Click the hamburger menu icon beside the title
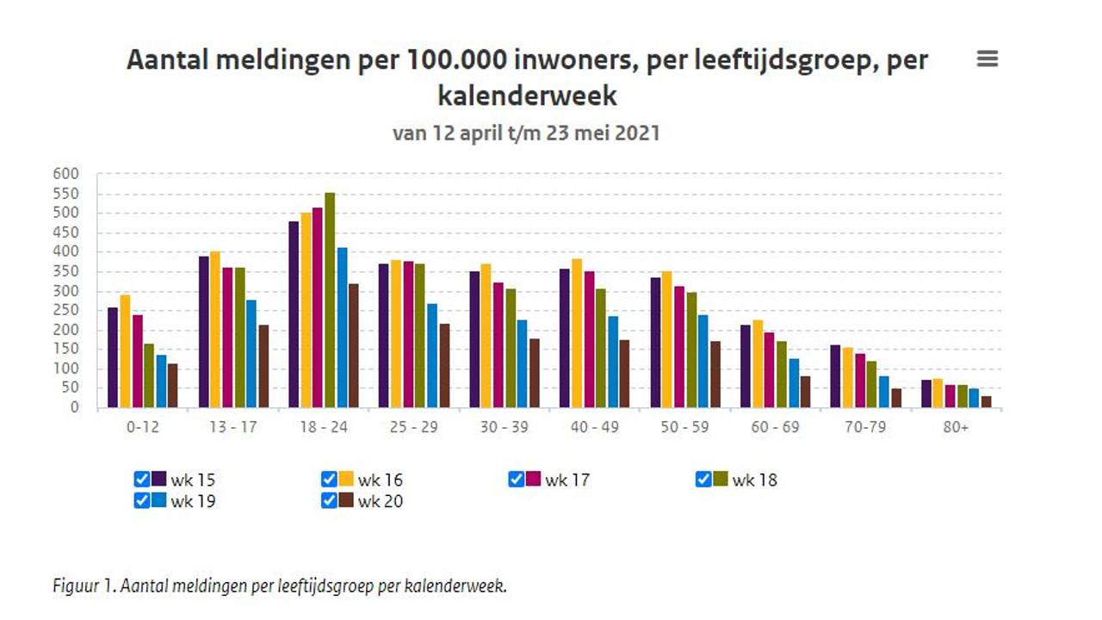987,59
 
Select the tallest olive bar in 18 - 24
330,300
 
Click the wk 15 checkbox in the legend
142,480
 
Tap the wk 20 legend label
380,501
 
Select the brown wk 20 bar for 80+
986,401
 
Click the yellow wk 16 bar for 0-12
125,351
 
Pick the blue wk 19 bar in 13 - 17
251,354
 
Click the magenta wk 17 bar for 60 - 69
769,370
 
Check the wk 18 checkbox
703,480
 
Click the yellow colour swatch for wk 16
346,480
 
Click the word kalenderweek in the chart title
527,95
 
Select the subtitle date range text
526,133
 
